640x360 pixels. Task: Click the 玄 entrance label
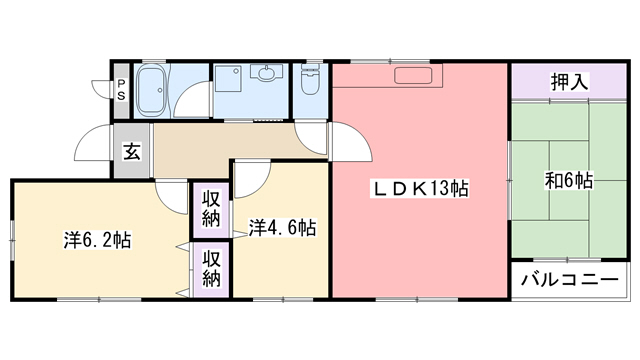point(131,152)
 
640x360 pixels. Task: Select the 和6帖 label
point(568,181)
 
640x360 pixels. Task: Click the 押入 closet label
point(568,82)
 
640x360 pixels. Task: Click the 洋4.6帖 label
point(282,228)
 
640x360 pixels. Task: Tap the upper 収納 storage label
point(211,208)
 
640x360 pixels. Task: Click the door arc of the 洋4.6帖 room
point(252,176)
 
